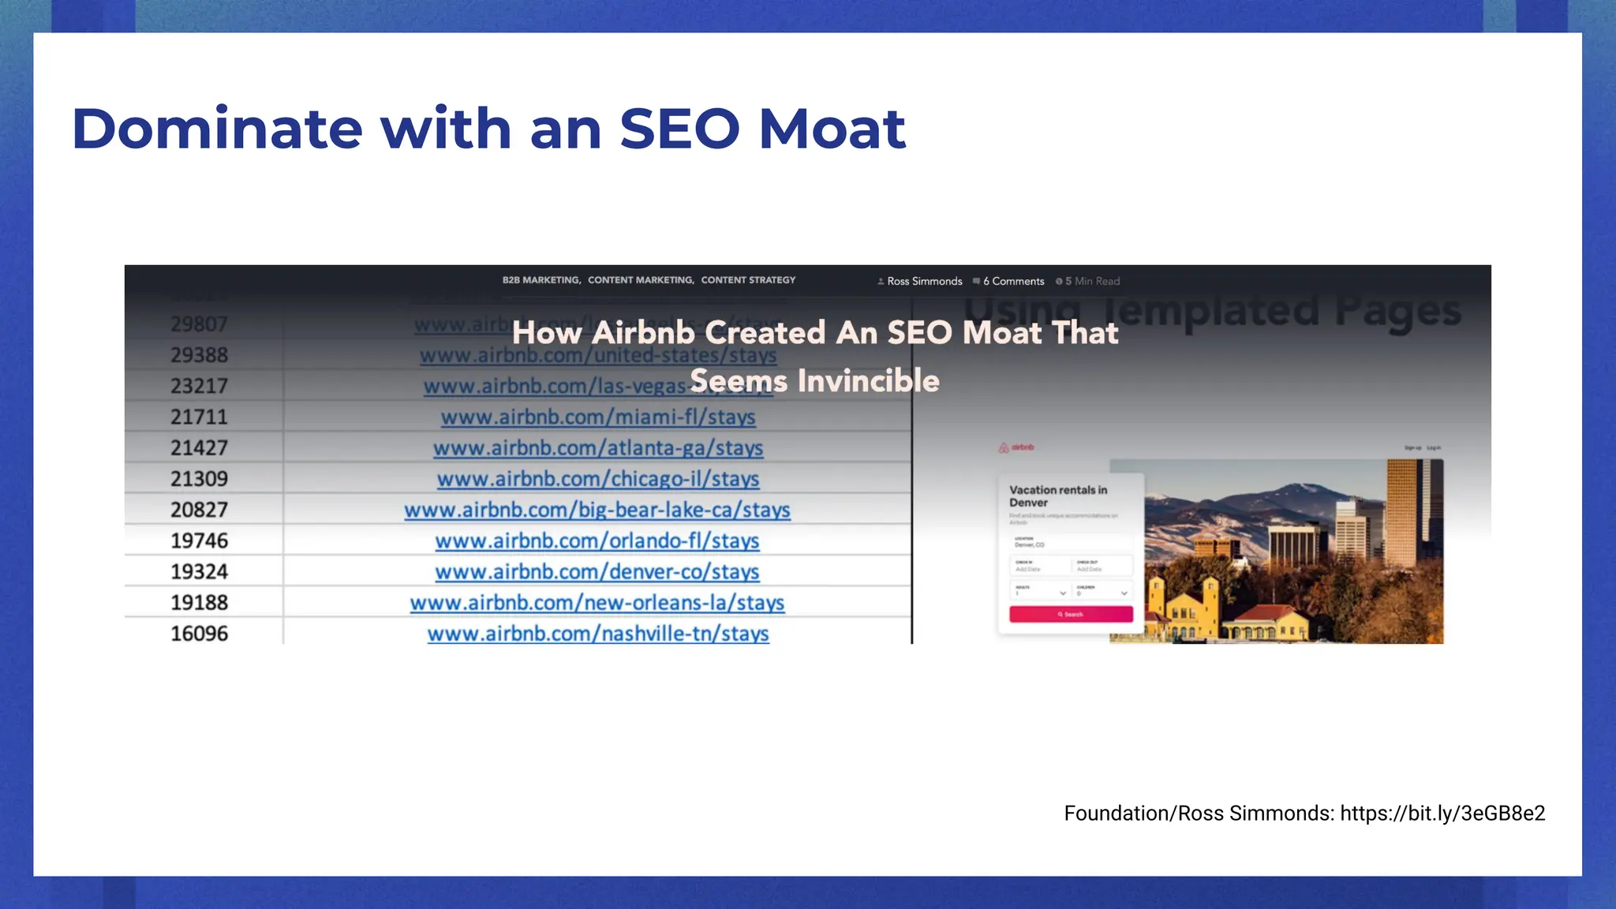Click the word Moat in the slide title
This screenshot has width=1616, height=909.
point(832,129)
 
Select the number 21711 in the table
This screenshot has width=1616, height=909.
point(199,417)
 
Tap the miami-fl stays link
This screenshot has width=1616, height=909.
point(598,417)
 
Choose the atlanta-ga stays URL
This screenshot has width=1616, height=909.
point(598,448)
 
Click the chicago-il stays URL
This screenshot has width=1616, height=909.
point(598,479)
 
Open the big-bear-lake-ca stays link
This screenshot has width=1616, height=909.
point(597,510)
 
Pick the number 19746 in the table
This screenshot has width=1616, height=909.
point(199,541)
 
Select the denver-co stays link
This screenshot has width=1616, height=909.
point(597,571)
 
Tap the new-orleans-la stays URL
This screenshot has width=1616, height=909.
point(597,603)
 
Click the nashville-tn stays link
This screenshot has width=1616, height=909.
point(598,634)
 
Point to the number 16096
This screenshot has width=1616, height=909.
point(199,634)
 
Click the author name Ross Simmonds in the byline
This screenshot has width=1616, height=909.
point(924,282)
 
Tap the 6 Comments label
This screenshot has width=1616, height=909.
point(1013,282)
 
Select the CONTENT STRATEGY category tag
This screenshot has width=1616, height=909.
point(748,280)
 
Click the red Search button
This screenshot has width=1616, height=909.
point(1071,614)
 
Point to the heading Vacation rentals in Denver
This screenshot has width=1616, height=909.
point(1057,496)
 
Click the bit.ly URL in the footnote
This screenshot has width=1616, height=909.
point(1442,814)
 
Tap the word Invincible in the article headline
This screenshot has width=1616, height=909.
point(868,381)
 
